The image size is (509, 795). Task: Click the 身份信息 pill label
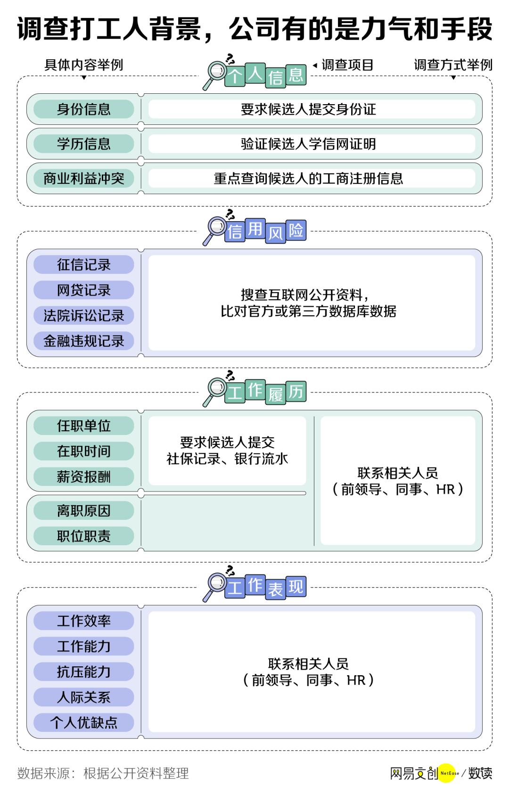click(x=84, y=109)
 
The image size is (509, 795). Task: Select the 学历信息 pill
click(x=84, y=144)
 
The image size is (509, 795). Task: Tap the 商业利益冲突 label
click(x=84, y=179)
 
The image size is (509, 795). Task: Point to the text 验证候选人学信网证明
click(x=308, y=144)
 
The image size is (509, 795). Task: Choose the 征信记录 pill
click(x=84, y=265)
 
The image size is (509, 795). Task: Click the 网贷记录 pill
click(x=84, y=290)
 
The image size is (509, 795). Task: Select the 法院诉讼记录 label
click(x=84, y=316)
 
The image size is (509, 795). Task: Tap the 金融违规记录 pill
click(x=84, y=341)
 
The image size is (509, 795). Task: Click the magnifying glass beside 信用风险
click(x=215, y=229)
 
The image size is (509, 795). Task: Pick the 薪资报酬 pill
click(x=84, y=477)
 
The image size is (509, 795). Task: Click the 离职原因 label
click(x=84, y=511)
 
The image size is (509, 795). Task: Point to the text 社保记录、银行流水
click(x=227, y=459)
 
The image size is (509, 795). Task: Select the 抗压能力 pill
click(x=84, y=672)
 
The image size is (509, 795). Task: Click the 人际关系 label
click(x=84, y=697)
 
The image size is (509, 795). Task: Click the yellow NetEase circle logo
click(x=447, y=773)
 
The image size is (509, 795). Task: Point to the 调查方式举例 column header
click(x=453, y=65)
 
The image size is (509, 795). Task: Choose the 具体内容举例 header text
click(x=84, y=65)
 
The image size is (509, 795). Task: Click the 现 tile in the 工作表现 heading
click(x=296, y=587)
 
